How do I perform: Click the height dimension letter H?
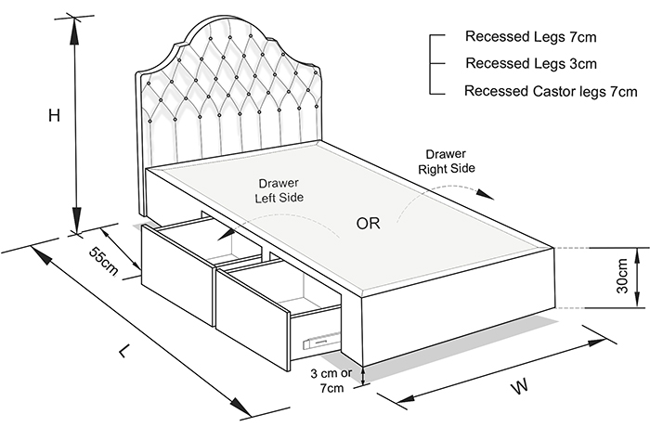(x=54, y=116)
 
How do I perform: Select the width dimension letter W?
(x=520, y=386)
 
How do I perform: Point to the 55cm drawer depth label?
(x=104, y=262)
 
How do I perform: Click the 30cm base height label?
(x=622, y=276)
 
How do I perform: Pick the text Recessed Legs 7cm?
(x=530, y=36)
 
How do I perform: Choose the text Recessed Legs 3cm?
(x=531, y=63)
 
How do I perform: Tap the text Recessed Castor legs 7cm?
(x=551, y=91)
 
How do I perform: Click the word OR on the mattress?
(x=368, y=224)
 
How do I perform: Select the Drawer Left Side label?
(x=279, y=190)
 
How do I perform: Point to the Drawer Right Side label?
(x=447, y=162)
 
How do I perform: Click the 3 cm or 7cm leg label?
(x=331, y=381)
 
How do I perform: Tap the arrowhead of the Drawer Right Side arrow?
(x=486, y=194)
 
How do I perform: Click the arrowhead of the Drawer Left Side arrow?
(x=225, y=235)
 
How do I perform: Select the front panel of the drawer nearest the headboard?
(x=178, y=274)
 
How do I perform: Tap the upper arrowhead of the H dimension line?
(x=74, y=31)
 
